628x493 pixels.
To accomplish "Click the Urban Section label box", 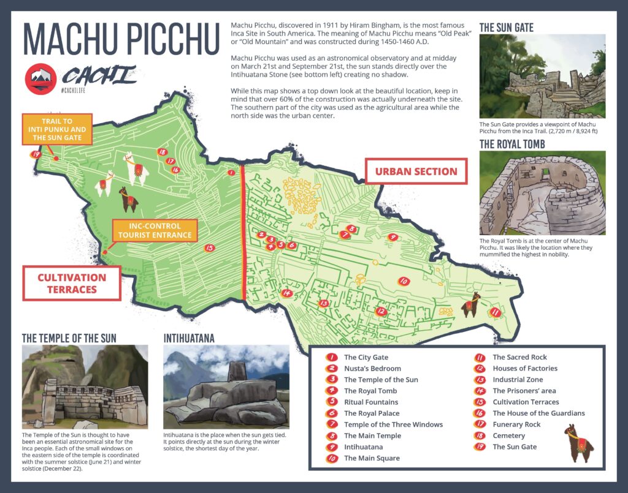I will point(416,171).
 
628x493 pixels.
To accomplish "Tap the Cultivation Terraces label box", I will point(72,283).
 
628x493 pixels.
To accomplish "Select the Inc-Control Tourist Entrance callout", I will point(155,230).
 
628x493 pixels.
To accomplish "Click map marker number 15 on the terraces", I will point(210,248).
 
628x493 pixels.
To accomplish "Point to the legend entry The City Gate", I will point(366,357).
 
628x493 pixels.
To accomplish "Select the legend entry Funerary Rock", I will point(516,424).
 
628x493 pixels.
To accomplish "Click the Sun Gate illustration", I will point(542,77).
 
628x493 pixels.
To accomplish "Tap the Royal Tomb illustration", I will point(542,194).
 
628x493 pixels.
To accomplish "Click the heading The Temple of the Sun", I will point(69,337).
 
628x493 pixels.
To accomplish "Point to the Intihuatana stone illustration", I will point(226,387).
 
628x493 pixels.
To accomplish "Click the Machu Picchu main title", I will point(121,40).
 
